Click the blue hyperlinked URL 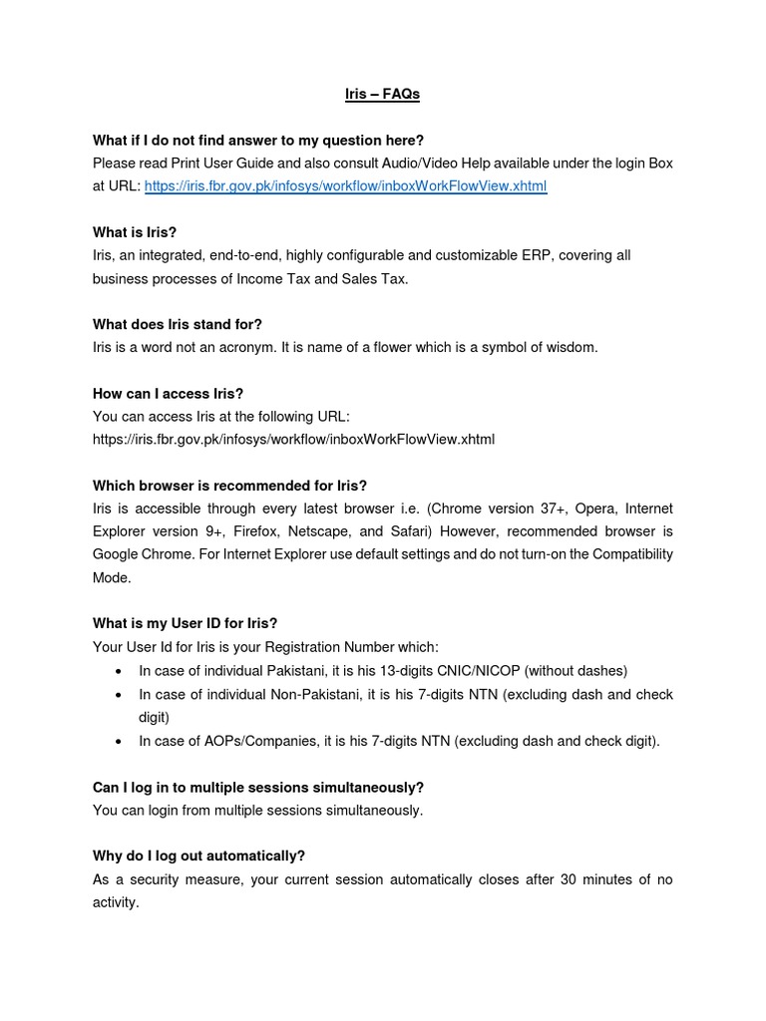coord(345,186)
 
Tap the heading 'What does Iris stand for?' coord(177,325)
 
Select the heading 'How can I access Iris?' coord(168,394)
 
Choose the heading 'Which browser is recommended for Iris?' coord(229,486)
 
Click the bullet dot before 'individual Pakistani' coord(120,671)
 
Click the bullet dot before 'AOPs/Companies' coord(120,741)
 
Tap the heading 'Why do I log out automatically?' coord(198,855)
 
